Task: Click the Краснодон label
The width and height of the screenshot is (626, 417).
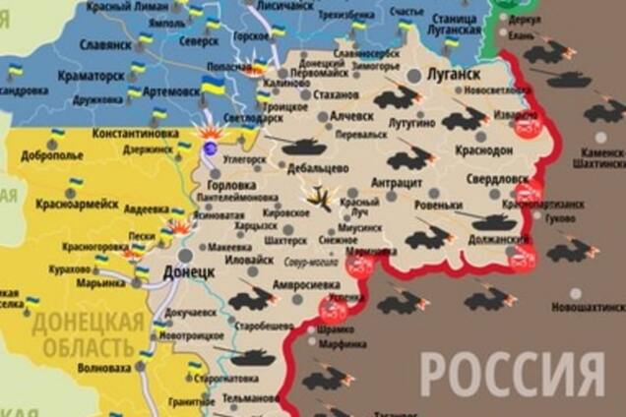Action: pos(484,150)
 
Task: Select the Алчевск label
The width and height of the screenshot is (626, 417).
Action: pos(350,115)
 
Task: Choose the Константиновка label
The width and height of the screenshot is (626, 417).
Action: pos(134,132)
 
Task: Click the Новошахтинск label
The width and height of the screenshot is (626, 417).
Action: pos(588,307)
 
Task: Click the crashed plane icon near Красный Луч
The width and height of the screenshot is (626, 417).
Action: pos(318,198)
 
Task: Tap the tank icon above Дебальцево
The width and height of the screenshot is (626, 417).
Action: pos(303,147)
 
